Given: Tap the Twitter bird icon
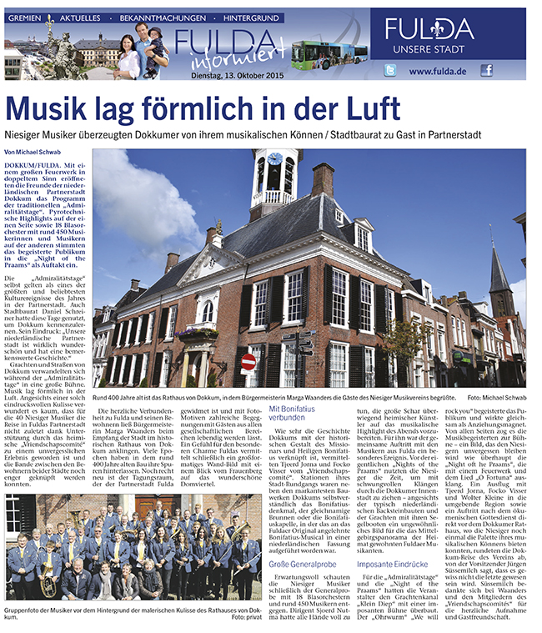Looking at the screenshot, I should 389,71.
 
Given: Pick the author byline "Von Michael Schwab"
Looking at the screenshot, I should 33,153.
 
